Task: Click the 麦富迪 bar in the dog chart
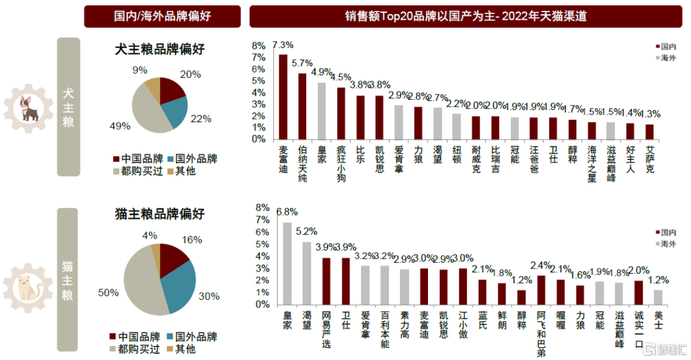(283, 97)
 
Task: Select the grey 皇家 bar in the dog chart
(322, 111)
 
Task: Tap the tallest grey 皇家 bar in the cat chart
(287, 263)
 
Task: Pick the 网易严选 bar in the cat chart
(326, 281)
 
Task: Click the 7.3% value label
(283, 45)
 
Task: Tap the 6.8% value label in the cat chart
(287, 212)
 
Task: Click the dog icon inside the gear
(29, 109)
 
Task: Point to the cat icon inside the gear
(28, 288)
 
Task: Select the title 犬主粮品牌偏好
(160, 49)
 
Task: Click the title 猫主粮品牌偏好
(160, 214)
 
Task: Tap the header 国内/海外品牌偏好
(163, 16)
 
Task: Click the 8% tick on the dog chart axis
(258, 46)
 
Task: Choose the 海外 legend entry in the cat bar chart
(666, 244)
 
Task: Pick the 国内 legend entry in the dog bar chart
(666, 46)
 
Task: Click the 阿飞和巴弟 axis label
(541, 334)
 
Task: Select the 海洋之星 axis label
(592, 164)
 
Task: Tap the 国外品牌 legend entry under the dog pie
(193, 159)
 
